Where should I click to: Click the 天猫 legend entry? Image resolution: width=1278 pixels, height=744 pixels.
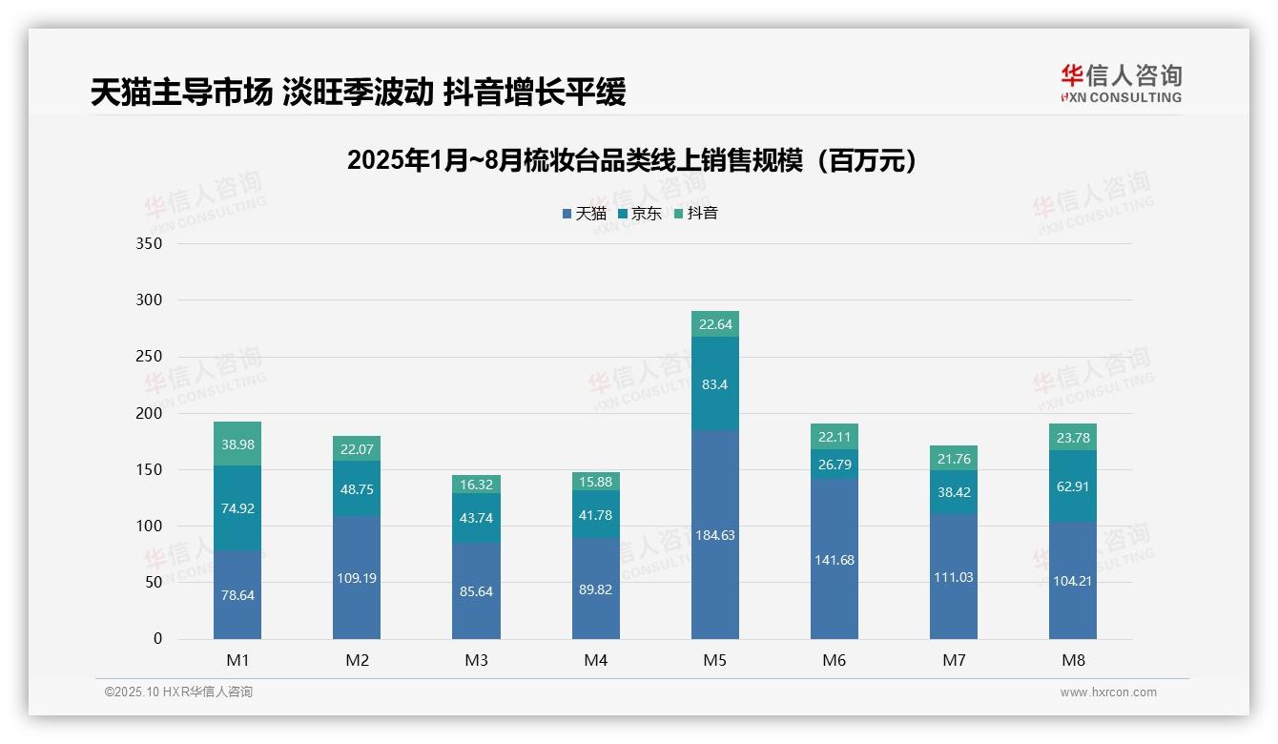585,214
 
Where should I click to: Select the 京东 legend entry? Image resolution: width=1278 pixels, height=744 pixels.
640,214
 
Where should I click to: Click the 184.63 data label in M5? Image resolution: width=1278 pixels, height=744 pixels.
714,535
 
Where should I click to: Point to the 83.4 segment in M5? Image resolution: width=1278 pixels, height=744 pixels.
714,384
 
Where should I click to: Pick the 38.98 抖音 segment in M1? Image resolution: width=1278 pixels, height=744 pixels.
237,444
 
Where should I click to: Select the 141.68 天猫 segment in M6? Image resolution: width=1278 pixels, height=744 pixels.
835,560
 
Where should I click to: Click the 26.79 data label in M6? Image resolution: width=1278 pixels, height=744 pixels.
835,465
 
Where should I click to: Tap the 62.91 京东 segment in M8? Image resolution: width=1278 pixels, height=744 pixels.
1073,486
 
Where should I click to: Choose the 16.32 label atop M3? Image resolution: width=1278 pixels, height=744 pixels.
476,485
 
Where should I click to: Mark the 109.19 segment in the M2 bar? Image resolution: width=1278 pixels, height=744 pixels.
357,578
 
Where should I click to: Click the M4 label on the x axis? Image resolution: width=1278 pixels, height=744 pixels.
595,660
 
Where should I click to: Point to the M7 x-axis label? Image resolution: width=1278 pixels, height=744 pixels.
954,660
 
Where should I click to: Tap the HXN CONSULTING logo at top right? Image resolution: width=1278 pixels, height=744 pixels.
1121,84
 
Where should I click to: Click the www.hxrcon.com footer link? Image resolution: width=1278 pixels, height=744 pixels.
1108,692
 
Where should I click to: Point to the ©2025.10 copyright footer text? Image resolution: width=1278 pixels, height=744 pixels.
178,692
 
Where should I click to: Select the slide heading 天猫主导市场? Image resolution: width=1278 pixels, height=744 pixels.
358,93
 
